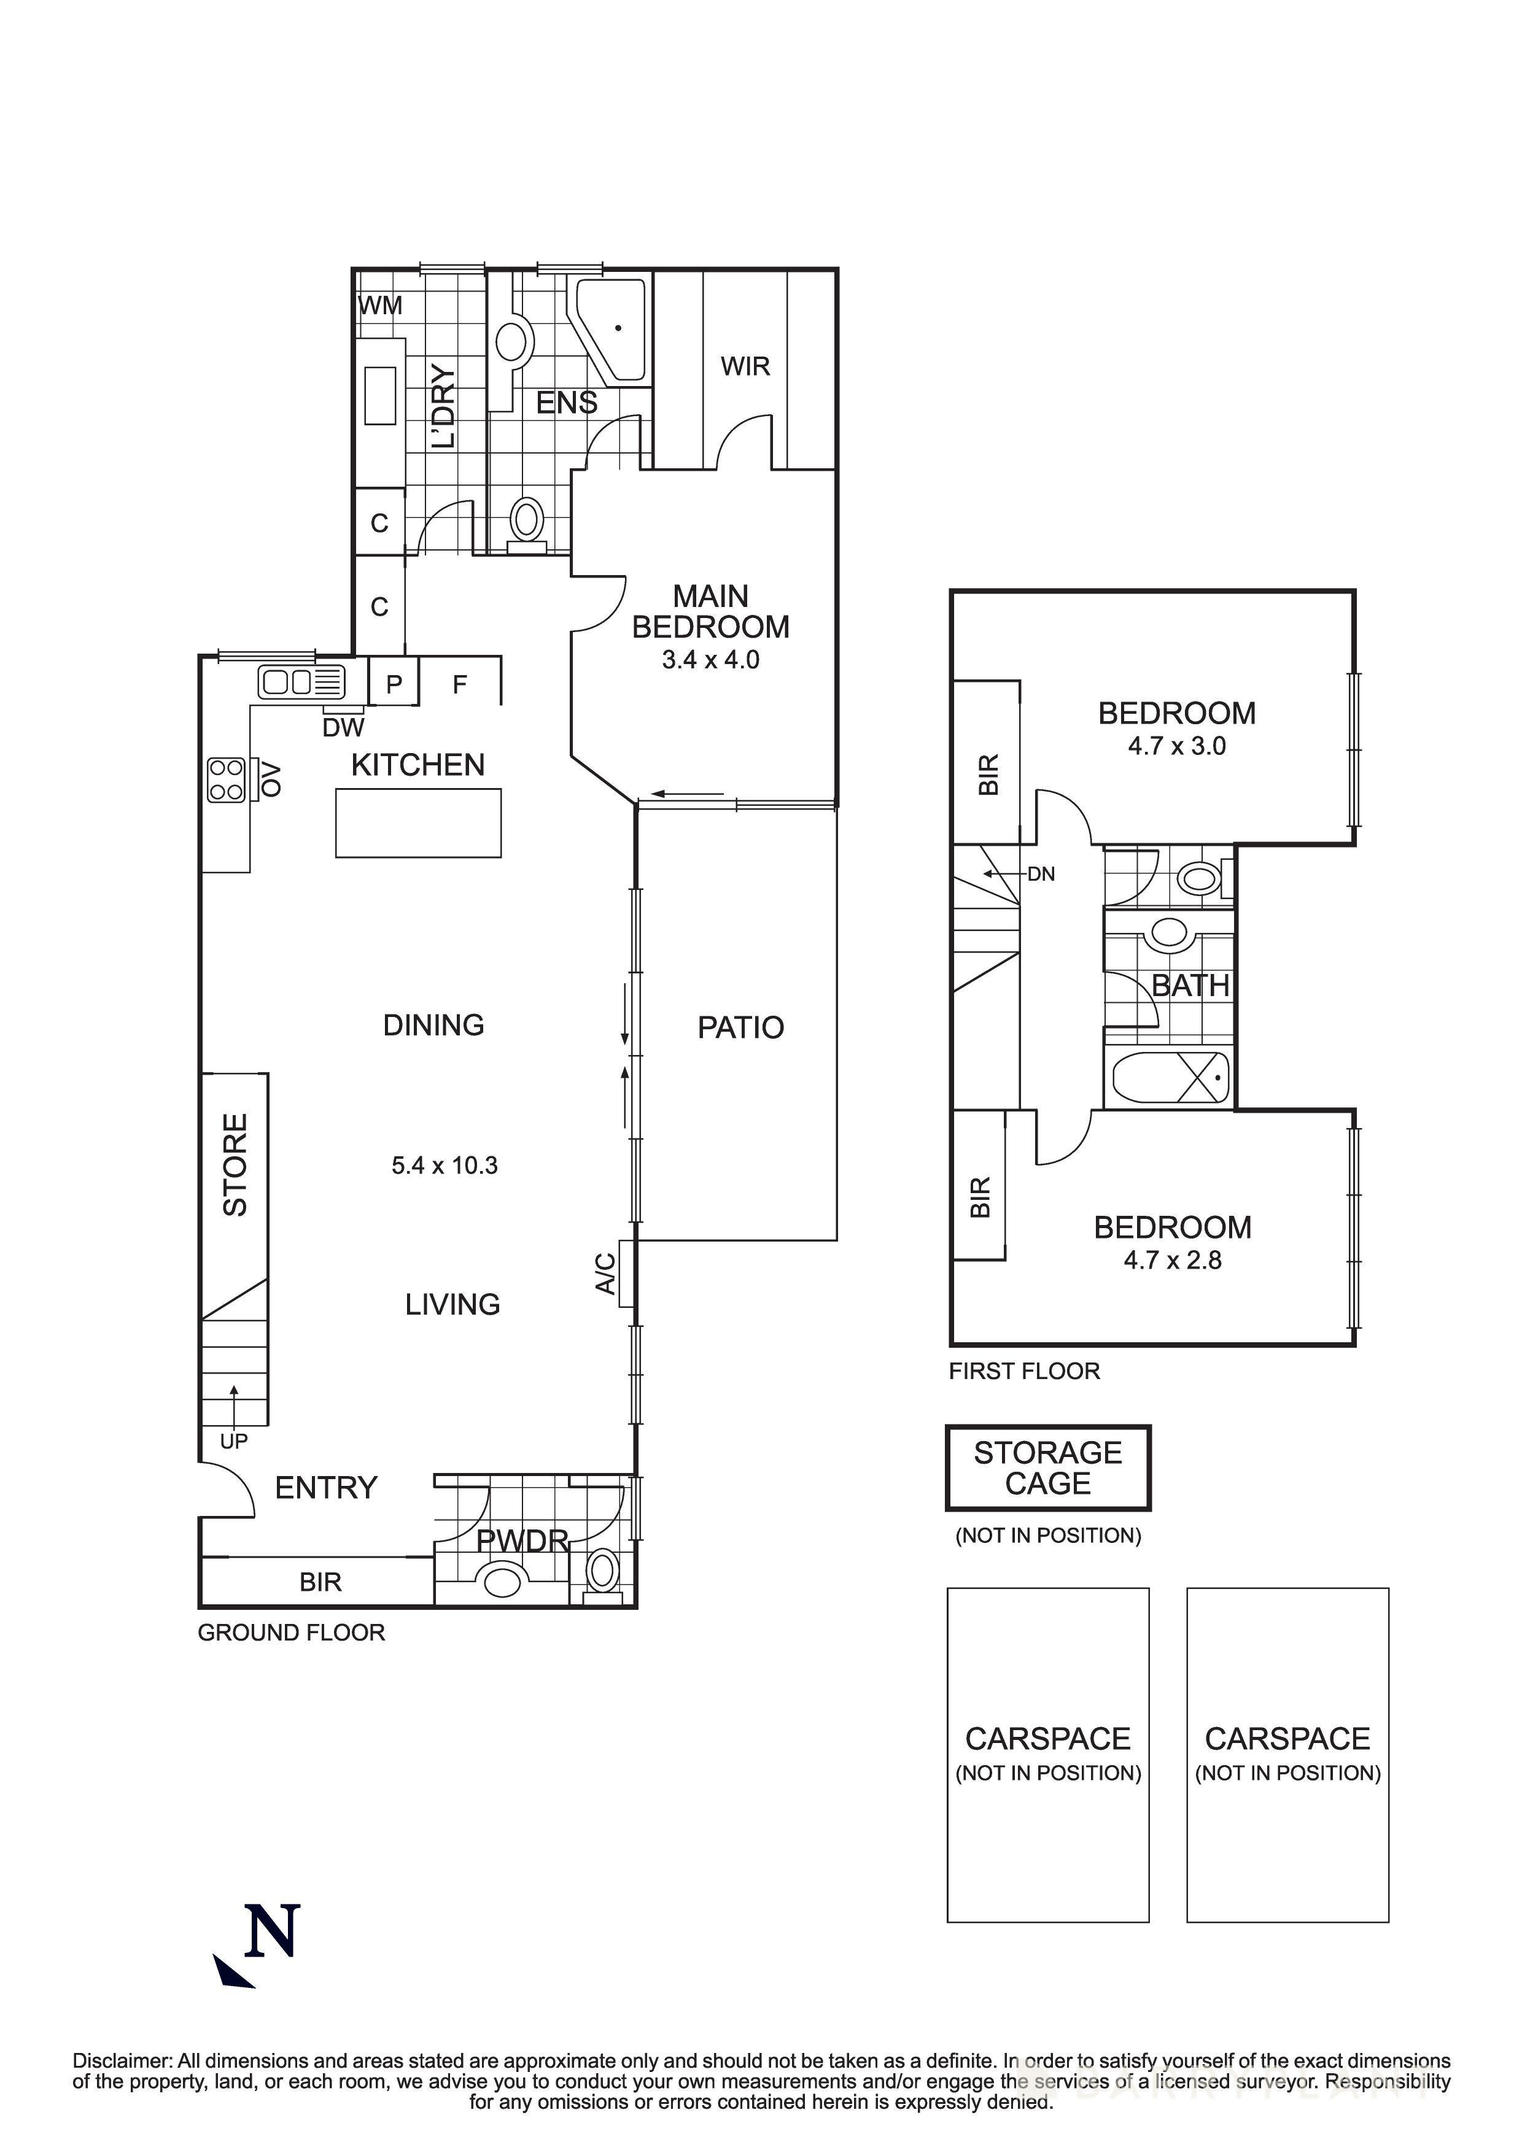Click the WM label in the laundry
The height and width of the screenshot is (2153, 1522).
381,305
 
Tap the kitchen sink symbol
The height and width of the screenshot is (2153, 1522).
301,682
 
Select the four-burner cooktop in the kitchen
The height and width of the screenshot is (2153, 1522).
226,780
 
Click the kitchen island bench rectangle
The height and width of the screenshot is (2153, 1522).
418,823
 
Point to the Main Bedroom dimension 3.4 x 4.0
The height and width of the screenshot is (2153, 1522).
710,660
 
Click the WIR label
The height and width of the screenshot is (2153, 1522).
745,366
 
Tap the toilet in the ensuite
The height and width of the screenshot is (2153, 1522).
527,521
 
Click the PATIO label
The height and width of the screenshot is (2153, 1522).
740,1028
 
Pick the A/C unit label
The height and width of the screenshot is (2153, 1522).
607,1274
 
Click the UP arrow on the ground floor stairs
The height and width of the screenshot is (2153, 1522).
233,1404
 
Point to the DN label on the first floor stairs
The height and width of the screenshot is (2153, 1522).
1041,874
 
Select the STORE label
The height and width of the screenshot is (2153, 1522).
235,1165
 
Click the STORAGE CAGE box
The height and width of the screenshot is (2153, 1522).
1047,1469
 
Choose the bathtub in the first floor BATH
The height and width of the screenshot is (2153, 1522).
1170,1078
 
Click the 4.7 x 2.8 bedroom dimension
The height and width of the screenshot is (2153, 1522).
1172,1260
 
